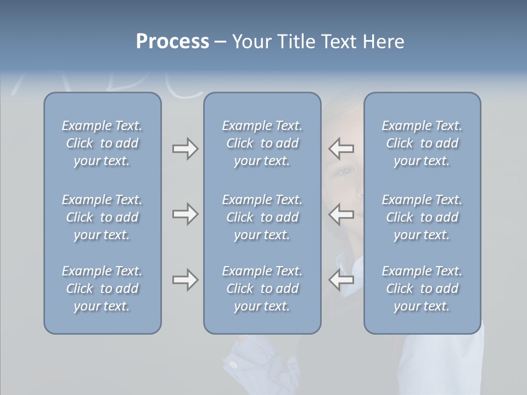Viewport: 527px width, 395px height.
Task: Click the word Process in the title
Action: point(172,42)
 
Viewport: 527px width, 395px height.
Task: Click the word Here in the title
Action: point(383,42)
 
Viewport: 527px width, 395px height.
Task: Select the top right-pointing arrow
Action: point(185,149)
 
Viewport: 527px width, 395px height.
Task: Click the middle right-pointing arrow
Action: point(185,214)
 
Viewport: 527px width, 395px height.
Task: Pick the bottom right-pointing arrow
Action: point(185,280)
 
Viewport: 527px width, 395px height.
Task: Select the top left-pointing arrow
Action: point(341,149)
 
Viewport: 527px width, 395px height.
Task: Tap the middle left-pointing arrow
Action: point(341,214)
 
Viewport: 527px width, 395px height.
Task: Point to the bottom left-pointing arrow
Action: point(341,280)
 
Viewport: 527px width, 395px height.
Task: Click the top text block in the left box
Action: point(102,143)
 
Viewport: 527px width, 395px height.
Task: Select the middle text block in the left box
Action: point(102,217)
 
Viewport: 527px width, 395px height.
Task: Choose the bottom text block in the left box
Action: point(102,289)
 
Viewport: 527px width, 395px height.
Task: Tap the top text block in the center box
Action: point(262,143)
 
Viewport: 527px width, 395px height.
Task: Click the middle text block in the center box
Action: point(262,217)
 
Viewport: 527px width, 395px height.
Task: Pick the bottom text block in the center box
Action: point(262,289)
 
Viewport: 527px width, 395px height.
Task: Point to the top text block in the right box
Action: point(422,143)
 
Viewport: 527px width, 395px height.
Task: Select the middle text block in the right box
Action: point(422,217)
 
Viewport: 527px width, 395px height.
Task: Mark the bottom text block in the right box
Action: point(422,289)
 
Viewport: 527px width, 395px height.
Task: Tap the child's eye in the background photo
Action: point(346,171)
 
